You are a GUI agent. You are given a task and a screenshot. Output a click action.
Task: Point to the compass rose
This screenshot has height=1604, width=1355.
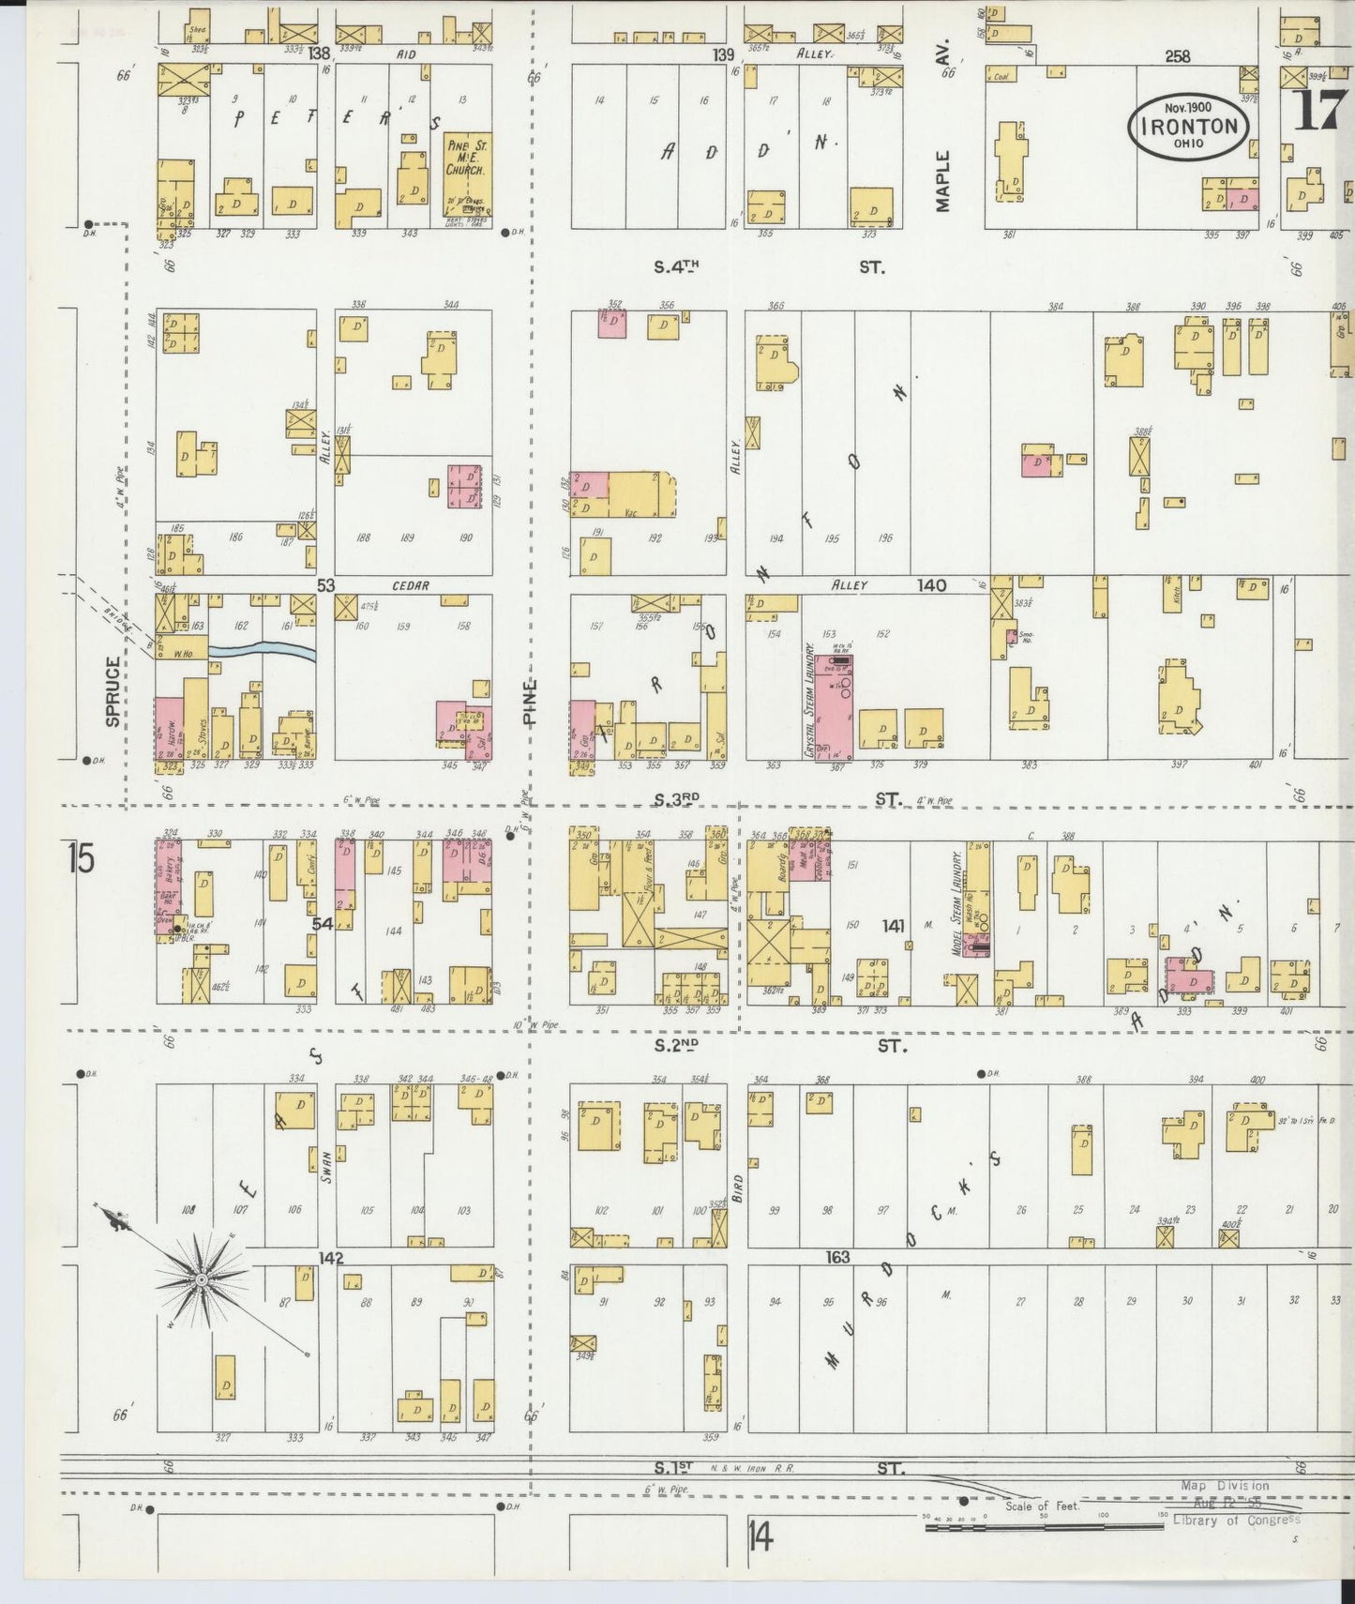point(202,1279)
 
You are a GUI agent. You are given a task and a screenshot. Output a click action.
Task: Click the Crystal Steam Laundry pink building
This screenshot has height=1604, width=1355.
point(833,707)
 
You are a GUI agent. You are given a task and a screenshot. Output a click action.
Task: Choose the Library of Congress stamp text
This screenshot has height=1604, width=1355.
point(1236,1520)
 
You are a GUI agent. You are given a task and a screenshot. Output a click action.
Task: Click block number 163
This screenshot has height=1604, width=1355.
point(837,1256)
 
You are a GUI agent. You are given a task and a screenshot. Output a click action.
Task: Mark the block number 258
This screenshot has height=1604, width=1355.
point(1177,56)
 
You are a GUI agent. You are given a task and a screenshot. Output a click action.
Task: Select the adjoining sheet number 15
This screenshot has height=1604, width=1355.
point(81,859)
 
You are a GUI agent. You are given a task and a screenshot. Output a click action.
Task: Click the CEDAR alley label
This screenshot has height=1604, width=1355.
point(410,585)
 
